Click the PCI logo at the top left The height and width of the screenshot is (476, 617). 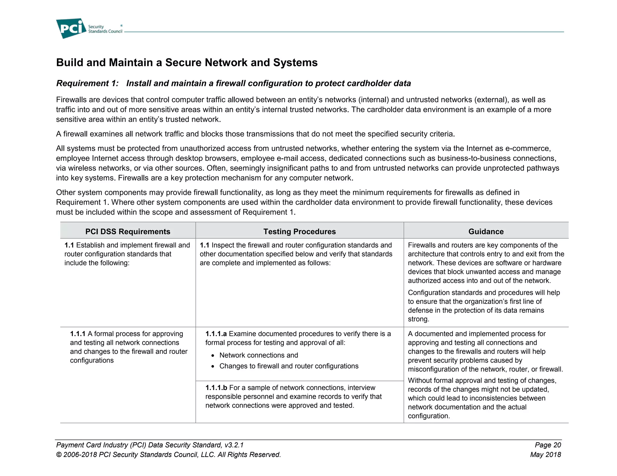point(71,28)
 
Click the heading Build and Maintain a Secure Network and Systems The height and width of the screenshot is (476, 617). point(187,63)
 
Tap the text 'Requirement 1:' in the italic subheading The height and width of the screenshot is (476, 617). point(87,83)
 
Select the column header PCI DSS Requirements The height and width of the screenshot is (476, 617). point(128,231)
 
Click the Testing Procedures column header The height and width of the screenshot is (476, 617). point(299,231)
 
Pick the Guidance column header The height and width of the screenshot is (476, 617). point(486,231)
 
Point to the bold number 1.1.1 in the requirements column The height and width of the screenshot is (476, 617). point(78,334)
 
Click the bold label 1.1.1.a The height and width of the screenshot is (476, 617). point(216,334)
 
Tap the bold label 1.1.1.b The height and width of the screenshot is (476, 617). point(216,388)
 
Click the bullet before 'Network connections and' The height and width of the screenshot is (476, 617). point(213,356)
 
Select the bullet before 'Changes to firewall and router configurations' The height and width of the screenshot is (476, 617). point(213,367)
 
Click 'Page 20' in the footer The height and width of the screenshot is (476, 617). point(548,445)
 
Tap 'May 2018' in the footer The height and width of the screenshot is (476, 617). point(545,455)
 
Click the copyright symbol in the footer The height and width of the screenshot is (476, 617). point(59,455)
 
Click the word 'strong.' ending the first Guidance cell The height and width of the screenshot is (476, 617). point(418,319)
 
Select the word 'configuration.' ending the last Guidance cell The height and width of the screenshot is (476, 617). point(429,416)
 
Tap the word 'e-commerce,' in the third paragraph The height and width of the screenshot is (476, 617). point(528,149)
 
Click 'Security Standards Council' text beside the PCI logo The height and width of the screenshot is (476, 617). point(105,29)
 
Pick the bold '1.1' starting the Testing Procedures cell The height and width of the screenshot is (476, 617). point(204,246)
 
